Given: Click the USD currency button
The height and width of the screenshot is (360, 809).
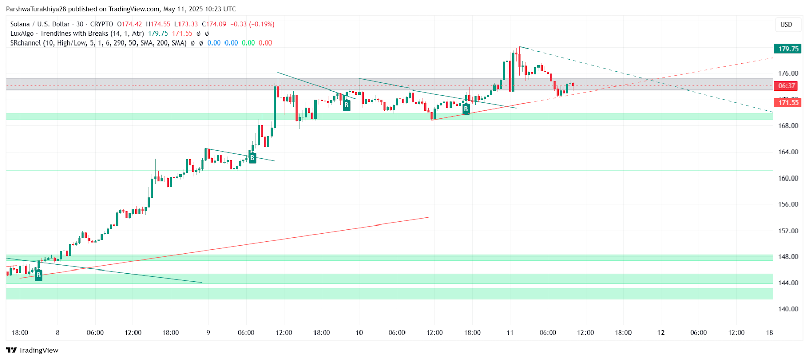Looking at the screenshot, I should click(786, 24).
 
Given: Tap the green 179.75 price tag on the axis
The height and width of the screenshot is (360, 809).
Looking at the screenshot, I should click(788, 49).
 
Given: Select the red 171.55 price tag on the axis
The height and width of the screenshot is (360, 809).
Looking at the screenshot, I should click(788, 103).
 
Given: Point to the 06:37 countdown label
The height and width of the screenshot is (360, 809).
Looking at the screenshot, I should click(787, 86).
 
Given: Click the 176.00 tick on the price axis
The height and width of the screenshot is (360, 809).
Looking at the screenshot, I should click(788, 73).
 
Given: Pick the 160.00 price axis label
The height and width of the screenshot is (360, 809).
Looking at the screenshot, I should click(788, 178).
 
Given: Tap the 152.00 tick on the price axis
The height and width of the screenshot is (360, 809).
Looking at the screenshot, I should click(788, 231).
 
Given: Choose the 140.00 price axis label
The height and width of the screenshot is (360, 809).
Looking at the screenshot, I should click(788, 309).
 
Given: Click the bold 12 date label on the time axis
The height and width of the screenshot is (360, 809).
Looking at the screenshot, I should click(661, 333).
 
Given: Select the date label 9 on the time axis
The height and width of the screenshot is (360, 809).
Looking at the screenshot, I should click(208, 333).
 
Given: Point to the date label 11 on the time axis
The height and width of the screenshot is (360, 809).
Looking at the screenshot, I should click(510, 333).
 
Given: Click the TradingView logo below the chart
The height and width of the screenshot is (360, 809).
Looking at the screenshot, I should click(32, 350).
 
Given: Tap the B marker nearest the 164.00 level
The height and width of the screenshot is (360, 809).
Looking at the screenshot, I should click(252, 158).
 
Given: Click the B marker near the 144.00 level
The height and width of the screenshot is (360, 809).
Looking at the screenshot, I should click(39, 275).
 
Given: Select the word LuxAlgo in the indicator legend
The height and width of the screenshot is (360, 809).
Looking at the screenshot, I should click(22, 34).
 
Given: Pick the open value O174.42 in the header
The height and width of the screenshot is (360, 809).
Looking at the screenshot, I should click(129, 24).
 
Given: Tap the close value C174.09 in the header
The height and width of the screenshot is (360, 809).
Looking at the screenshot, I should click(214, 24).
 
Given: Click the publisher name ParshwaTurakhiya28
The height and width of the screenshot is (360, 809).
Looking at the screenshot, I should click(36, 9).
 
